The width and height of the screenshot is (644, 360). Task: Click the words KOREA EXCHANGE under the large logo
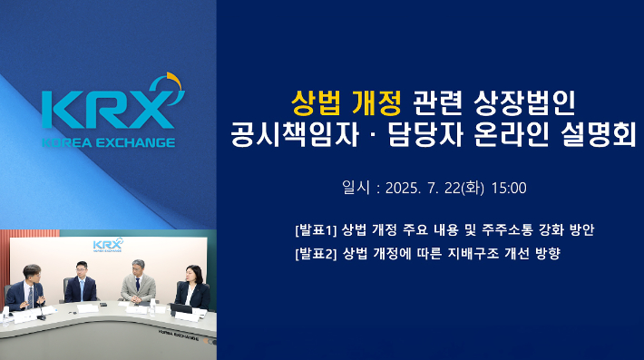pyautogui.click(x=108, y=142)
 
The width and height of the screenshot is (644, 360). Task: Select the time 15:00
pyautogui.click(x=509, y=189)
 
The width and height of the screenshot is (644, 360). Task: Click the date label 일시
pyautogui.click(x=355, y=189)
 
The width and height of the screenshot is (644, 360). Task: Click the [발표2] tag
pyautogui.click(x=316, y=253)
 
